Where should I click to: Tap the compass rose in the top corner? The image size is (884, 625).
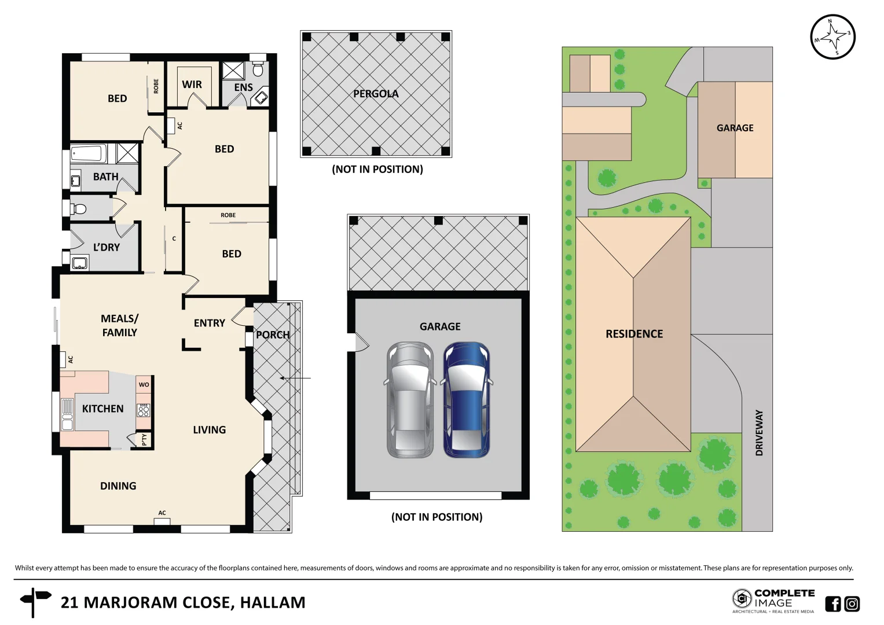pos(832,37)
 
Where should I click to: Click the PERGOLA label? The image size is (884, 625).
pos(376,94)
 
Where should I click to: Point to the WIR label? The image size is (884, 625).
pos(192,84)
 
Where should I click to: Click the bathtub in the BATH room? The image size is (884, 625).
pos(89,154)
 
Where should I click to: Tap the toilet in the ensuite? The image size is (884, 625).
pos(258,69)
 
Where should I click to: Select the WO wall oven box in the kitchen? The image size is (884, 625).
pos(144,384)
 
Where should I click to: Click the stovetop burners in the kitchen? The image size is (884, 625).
pos(143,410)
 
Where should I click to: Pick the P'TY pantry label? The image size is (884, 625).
pos(144,440)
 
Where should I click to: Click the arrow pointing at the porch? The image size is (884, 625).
pos(295,378)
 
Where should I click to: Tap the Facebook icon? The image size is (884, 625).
pos(832,604)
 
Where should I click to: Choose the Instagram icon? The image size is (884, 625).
pos(852,604)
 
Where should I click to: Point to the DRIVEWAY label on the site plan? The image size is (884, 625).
pos(759,433)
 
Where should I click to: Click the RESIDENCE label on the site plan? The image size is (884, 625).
pos(634,334)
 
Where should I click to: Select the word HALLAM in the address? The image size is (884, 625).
pos(272,602)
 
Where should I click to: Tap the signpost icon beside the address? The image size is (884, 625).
pos(34,602)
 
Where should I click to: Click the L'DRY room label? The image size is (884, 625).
pos(107,247)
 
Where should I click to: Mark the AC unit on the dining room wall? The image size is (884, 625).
pos(162,520)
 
